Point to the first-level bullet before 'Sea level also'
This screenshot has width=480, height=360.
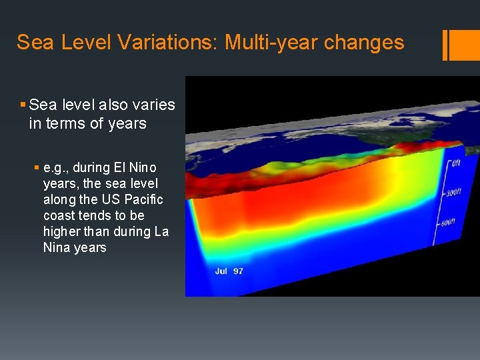23,105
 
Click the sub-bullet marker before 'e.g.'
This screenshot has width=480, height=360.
37,167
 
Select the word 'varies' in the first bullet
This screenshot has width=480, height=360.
154,105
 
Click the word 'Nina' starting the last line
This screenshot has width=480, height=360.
57,247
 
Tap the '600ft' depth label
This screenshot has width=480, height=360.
447,222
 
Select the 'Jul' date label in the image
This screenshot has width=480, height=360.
221,271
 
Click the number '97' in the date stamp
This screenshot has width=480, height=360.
238,271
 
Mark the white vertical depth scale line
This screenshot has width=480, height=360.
439,200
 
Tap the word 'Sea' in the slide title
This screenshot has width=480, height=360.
31,43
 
